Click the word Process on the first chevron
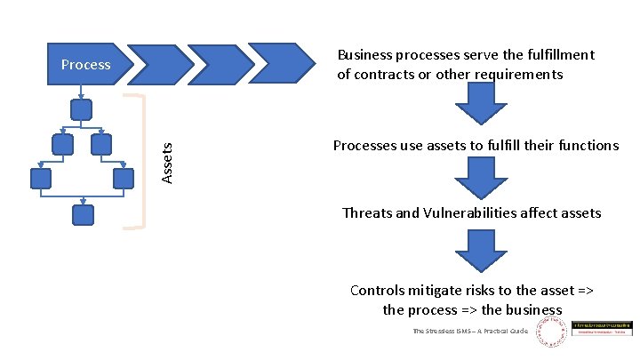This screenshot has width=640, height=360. pyautogui.click(x=85, y=64)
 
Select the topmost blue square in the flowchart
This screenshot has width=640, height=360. pyautogui.click(x=82, y=109)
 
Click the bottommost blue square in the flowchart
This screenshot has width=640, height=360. pyautogui.click(x=82, y=214)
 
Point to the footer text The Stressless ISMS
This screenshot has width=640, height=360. pyautogui.click(x=470, y=331)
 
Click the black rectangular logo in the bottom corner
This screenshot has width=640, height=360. pyautogui.click(x=602, y=329)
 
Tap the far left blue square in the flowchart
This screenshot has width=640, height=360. pyautogui.click(x=41, y=179)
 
